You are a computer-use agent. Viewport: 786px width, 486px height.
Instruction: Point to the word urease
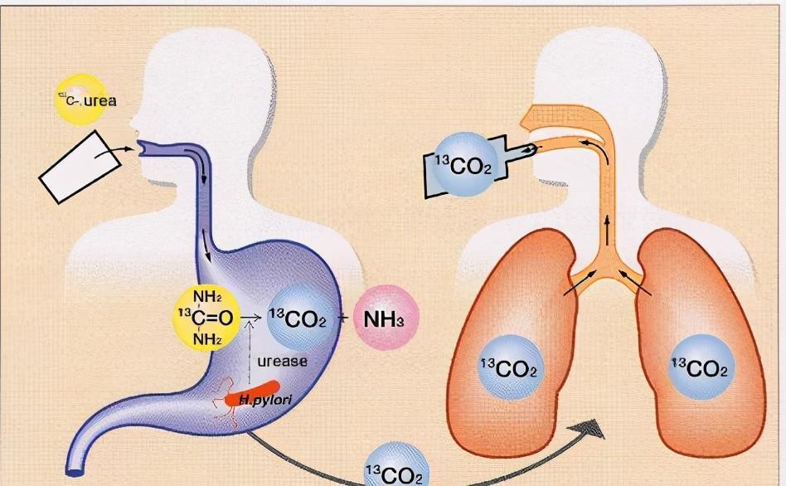coord(282,361)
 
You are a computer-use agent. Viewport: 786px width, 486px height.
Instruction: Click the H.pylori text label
coord(261,401)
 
